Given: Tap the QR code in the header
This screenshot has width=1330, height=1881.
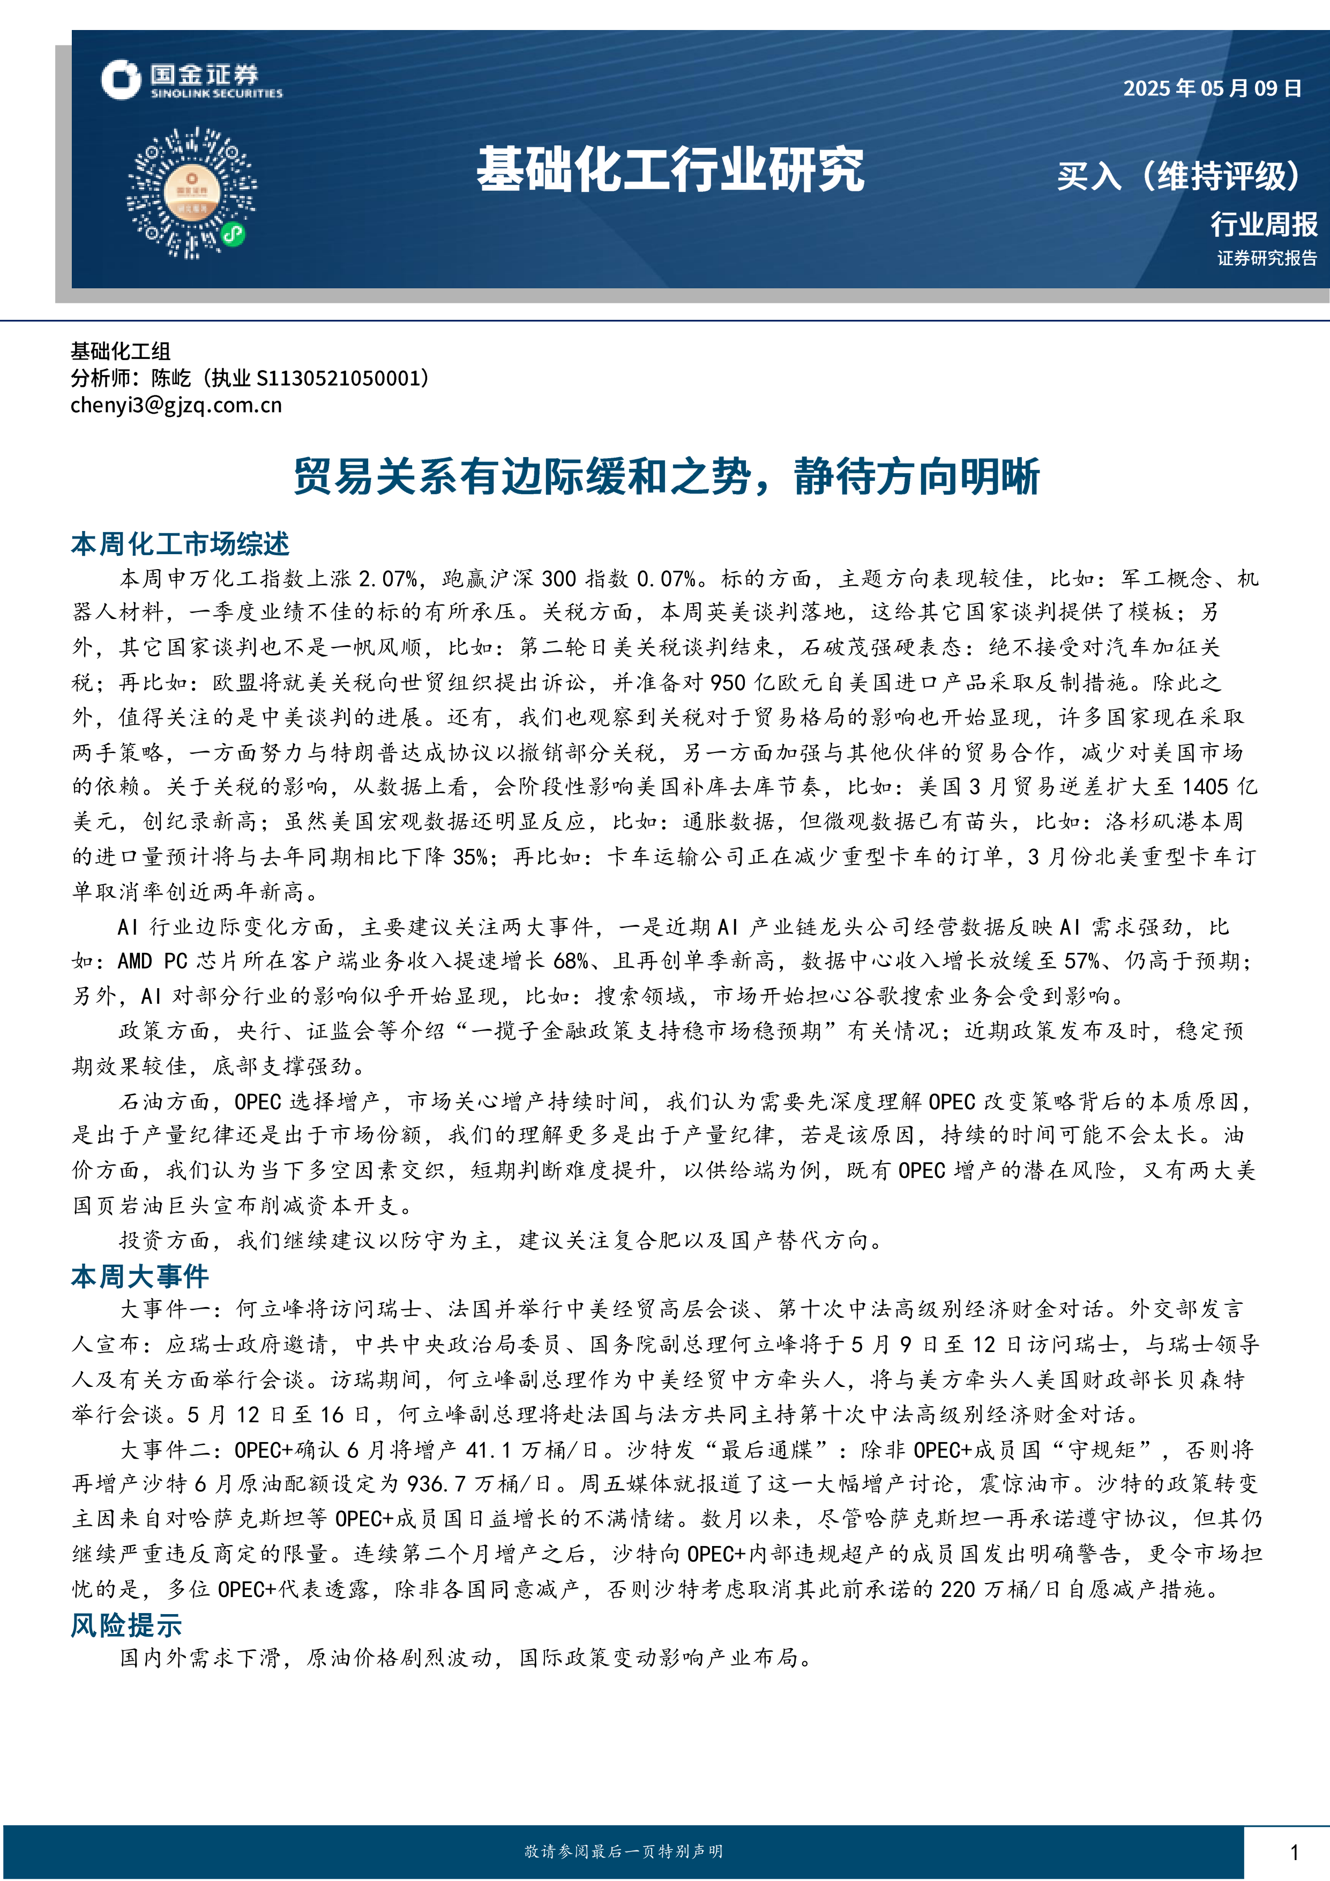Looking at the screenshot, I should tap(192, 192).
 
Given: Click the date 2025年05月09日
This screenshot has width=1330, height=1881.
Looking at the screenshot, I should tap(1212, 88).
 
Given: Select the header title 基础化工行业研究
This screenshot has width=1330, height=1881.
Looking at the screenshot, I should tap(670, 170).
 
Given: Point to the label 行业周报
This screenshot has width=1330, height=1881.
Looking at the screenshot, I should tap(1264, 223).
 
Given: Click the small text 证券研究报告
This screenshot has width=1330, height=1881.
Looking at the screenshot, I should tap(1267, 258).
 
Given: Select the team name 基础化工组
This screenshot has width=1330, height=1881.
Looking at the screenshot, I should tap(121, 352).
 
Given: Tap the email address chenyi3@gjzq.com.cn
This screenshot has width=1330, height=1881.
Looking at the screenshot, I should tap(176, 405).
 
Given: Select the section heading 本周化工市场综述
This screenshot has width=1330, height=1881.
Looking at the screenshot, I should tap(180, 544).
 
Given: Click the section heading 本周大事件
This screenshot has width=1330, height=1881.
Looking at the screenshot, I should tap(140, 1275).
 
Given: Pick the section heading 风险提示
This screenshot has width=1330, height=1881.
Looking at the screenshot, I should tap(126, 1625).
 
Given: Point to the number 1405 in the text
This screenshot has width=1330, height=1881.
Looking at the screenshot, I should tap(1205, 787).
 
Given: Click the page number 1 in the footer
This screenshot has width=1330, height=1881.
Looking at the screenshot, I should tap(1294, 1852).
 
